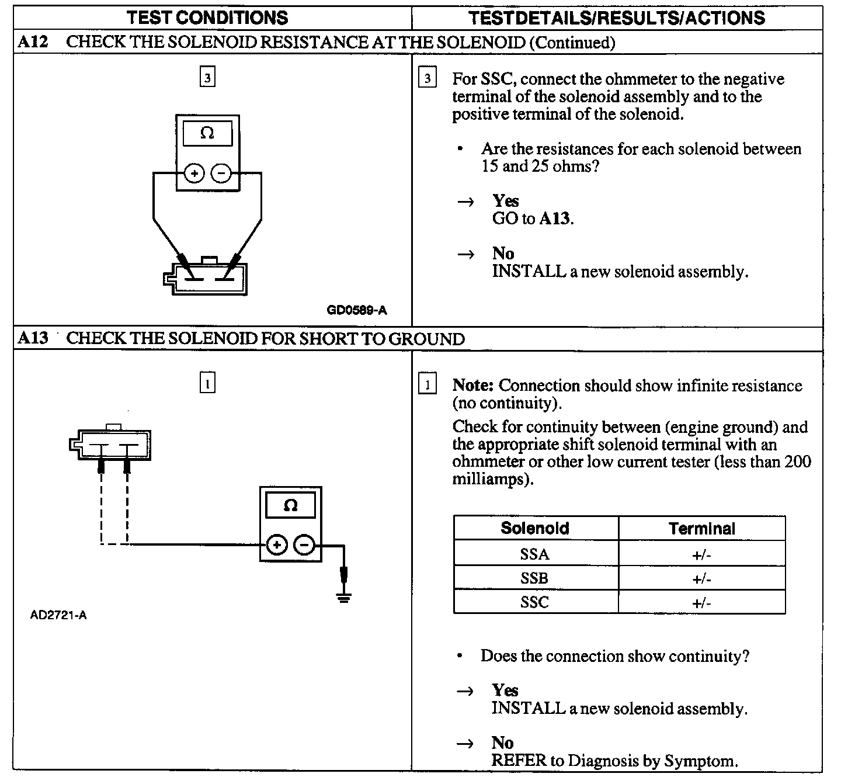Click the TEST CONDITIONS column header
207,18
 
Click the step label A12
33,42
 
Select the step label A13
33,338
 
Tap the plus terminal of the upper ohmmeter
194,174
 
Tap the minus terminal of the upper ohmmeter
221,174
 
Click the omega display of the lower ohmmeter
290,505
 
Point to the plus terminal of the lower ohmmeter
276,546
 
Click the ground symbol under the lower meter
344,597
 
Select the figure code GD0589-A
356,310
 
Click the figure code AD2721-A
58,615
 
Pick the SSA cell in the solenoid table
534,554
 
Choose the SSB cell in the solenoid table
534,578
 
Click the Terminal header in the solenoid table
701,529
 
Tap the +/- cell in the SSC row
701,602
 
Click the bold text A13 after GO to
555,219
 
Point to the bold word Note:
474,386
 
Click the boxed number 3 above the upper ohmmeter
207,77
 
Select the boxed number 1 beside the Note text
428,385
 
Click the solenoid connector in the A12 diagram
207,279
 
